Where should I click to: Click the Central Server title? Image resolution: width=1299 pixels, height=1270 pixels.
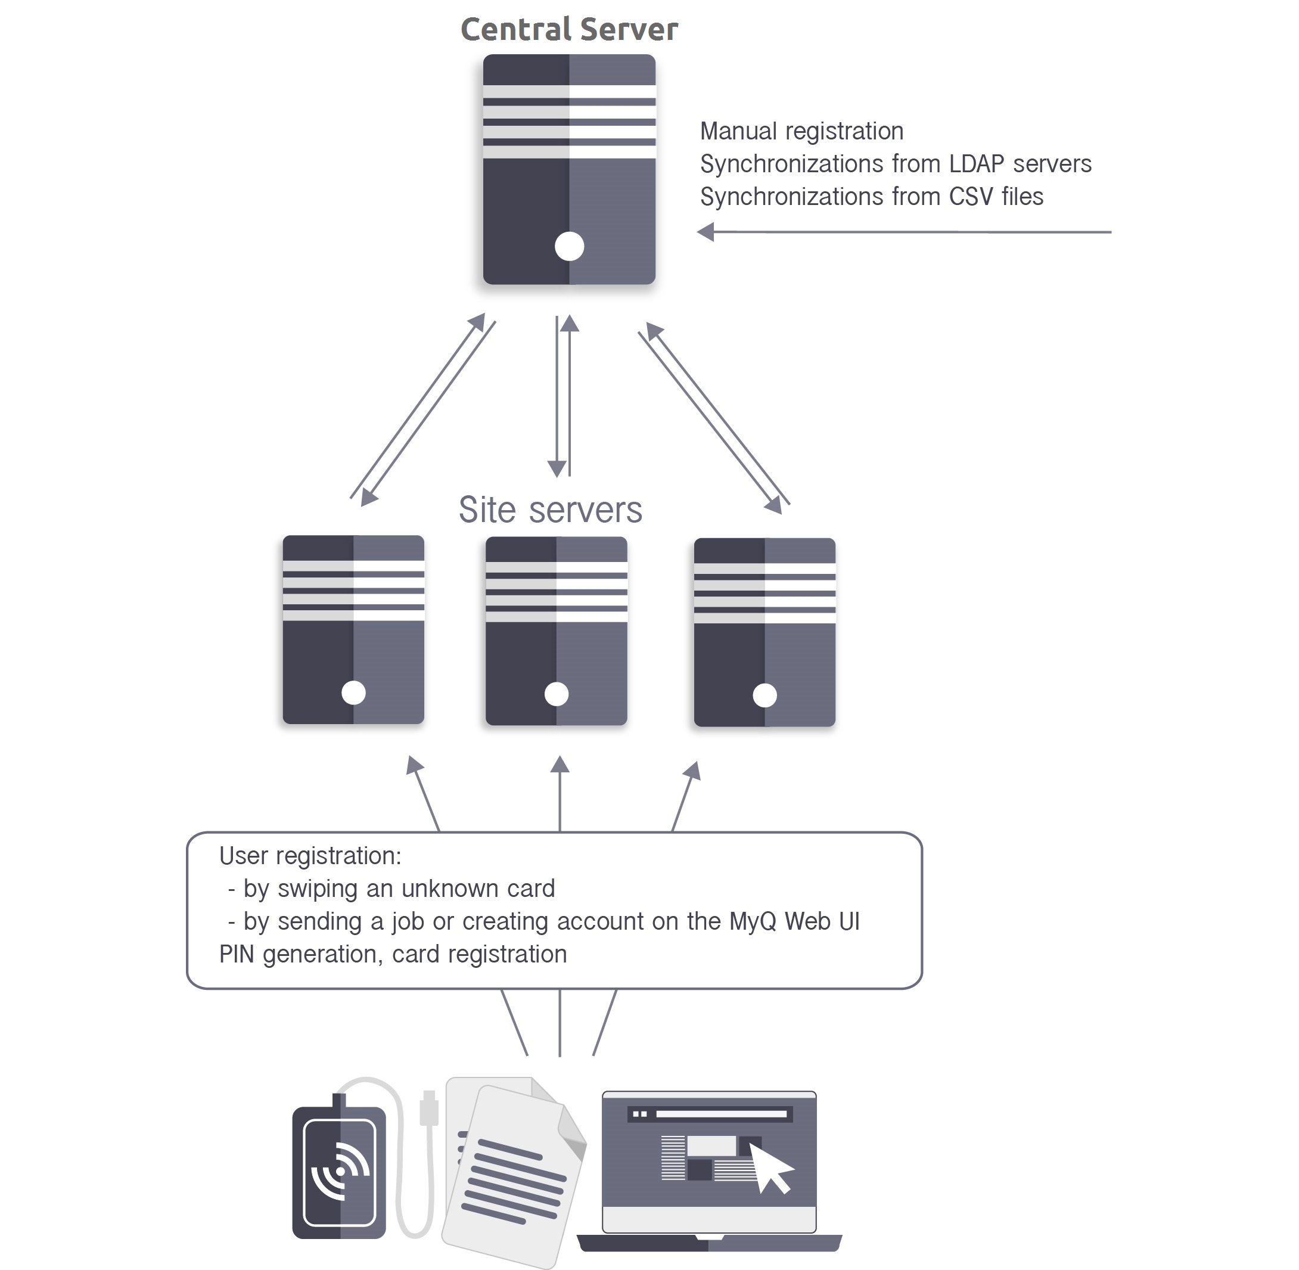tap(569, 29)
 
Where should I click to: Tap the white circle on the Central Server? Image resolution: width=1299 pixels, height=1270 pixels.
tap(569, 246)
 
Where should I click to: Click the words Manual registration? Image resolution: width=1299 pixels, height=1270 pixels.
tap(801, 131)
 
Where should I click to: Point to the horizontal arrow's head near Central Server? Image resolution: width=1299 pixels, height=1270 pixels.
tap(706, 232)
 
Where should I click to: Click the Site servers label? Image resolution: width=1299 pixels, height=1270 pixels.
tap(550, 510)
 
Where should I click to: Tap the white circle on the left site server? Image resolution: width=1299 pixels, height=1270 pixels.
tap(353, 693)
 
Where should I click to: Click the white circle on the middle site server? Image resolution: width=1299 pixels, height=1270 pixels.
tap(556, 694)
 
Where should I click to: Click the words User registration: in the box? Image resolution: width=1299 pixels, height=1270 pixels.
tap(310, 856)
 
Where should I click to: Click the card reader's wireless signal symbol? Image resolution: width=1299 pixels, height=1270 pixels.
tap(341, 1170)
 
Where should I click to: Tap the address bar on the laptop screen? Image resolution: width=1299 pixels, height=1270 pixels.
tap(720, 1114)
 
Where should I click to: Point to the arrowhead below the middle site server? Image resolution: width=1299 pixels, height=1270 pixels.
tap(560, 765)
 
